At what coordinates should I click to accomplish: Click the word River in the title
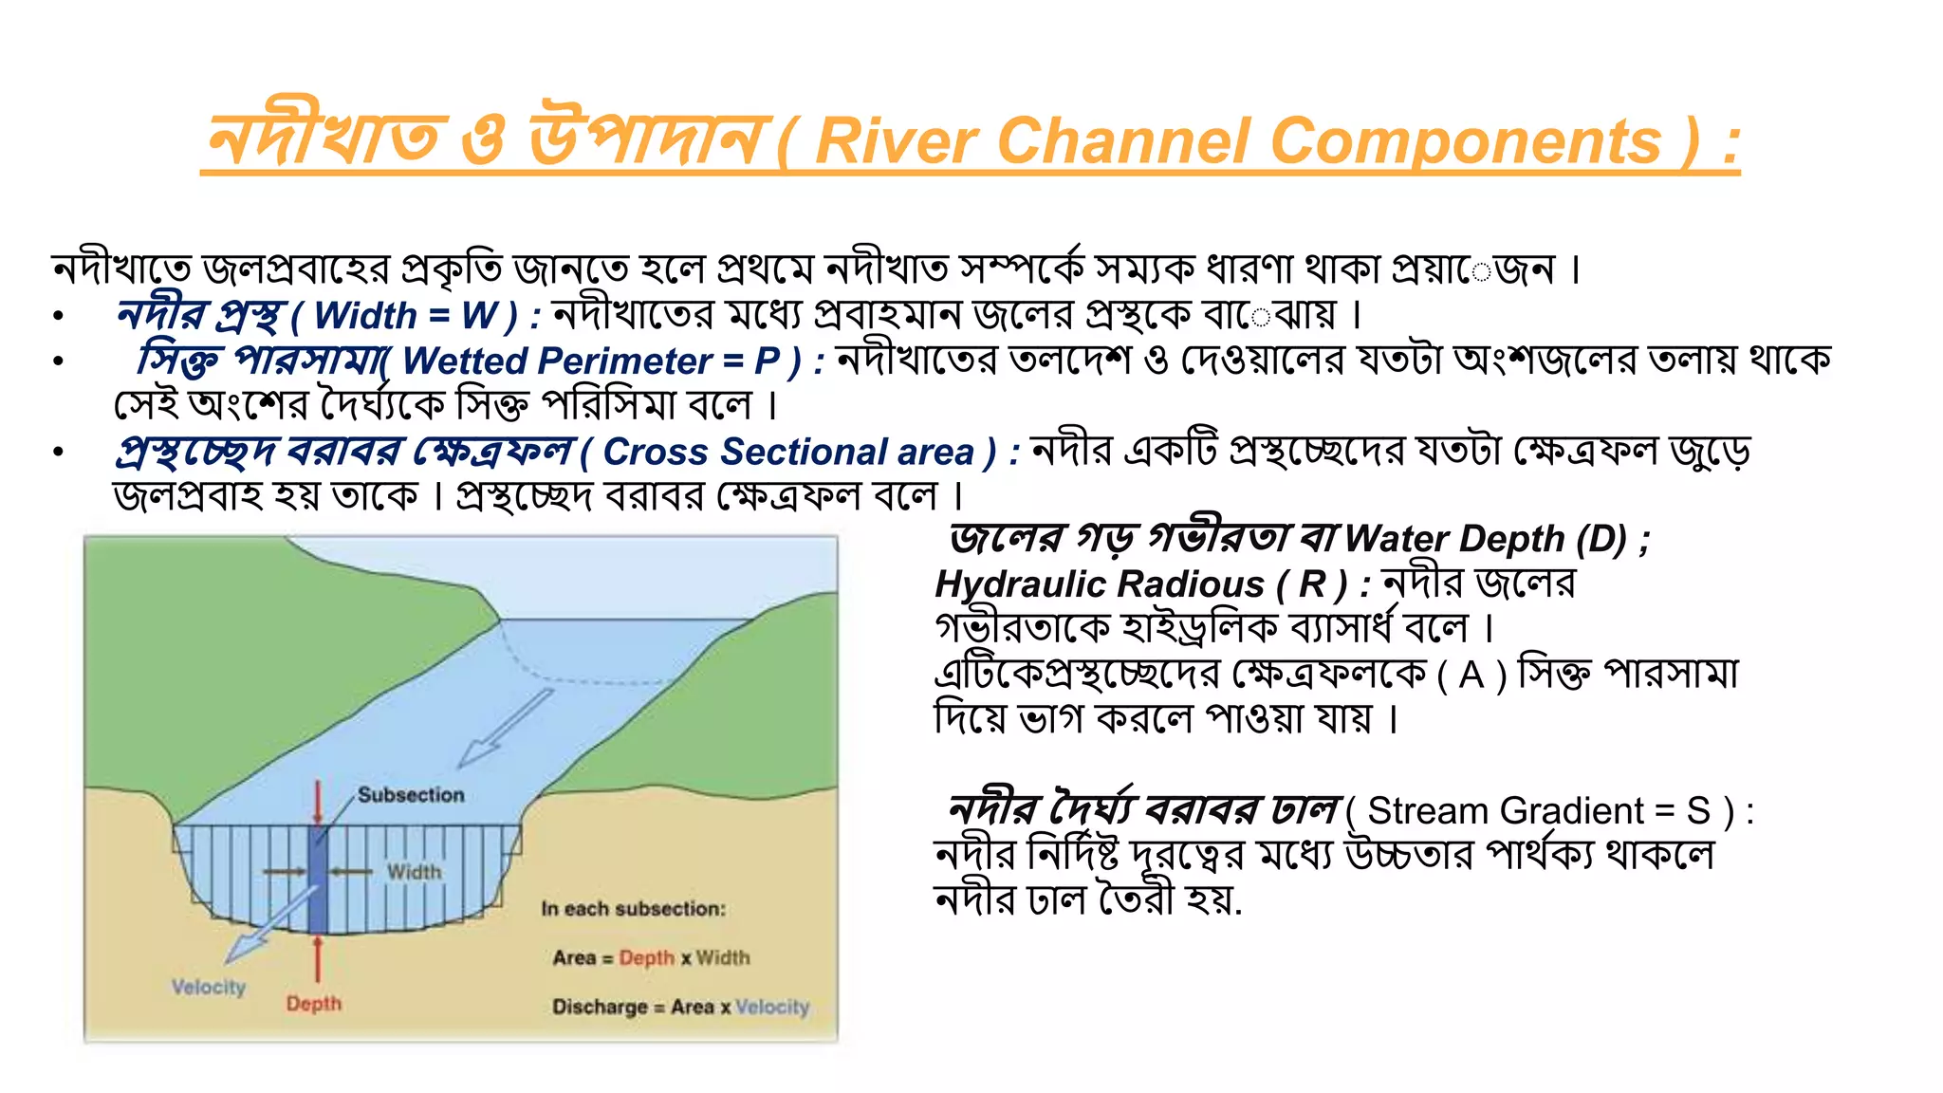click(x=896, y=142)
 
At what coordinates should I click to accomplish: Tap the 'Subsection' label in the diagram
click(x=411, y=795)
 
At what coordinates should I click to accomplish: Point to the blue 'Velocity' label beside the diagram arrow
click(x=209, y=988)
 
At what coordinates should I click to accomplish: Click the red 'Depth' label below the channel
click(x=313, y=1004)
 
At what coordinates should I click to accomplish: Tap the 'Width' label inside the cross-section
click(x=414, y=872)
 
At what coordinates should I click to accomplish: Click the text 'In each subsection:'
click(x=633, y=909)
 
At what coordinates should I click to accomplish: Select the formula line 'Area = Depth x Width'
click(x=651, y=958)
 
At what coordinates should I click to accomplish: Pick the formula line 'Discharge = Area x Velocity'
click(x=680, y=1007)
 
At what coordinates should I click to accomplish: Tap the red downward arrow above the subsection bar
click(x=318, y=803)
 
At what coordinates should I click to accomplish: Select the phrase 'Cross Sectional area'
click(x=787, y=453)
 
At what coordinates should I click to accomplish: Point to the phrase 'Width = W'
click(x=405, y=316)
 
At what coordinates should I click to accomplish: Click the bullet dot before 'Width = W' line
click(x=59, y=316)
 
